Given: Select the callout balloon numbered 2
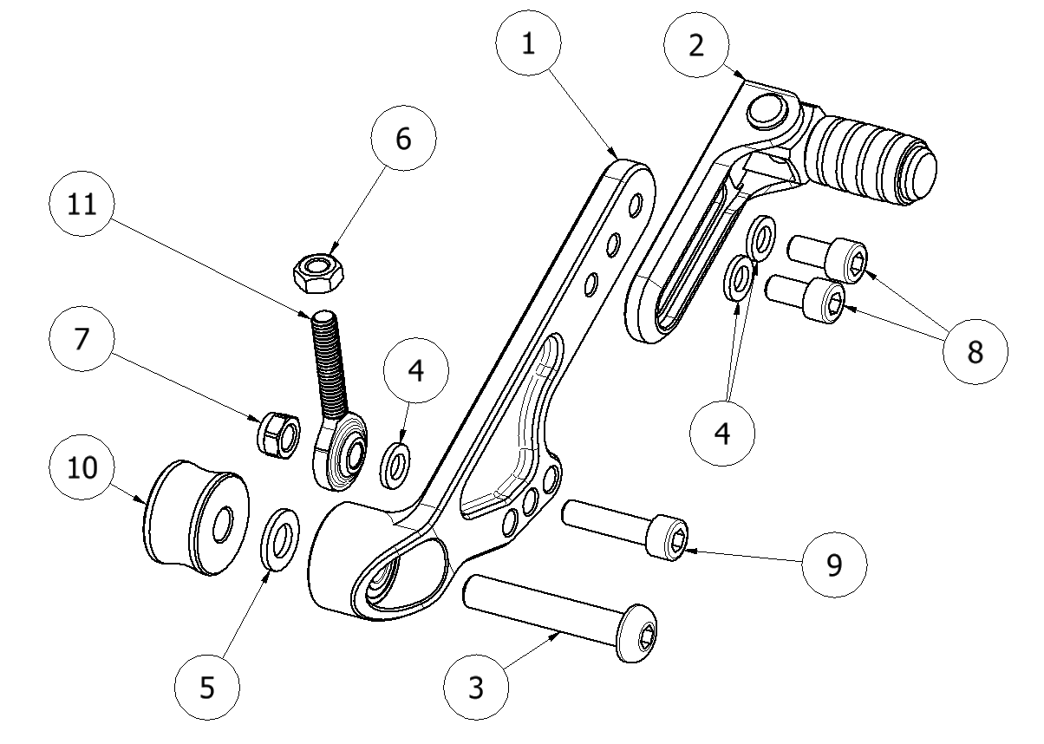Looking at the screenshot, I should tap(695, 46).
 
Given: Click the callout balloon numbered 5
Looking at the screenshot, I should tap(206, 688).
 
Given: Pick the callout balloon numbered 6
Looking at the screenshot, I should tap(404, 140).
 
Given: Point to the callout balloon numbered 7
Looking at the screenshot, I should tap(82, 340).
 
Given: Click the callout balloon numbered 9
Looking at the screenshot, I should tap(832, 565).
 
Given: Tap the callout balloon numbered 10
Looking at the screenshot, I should tap(82, 467).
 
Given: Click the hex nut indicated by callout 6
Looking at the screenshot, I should tap(318, 271).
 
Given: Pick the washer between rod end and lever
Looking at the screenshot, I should tap(397, 462).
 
